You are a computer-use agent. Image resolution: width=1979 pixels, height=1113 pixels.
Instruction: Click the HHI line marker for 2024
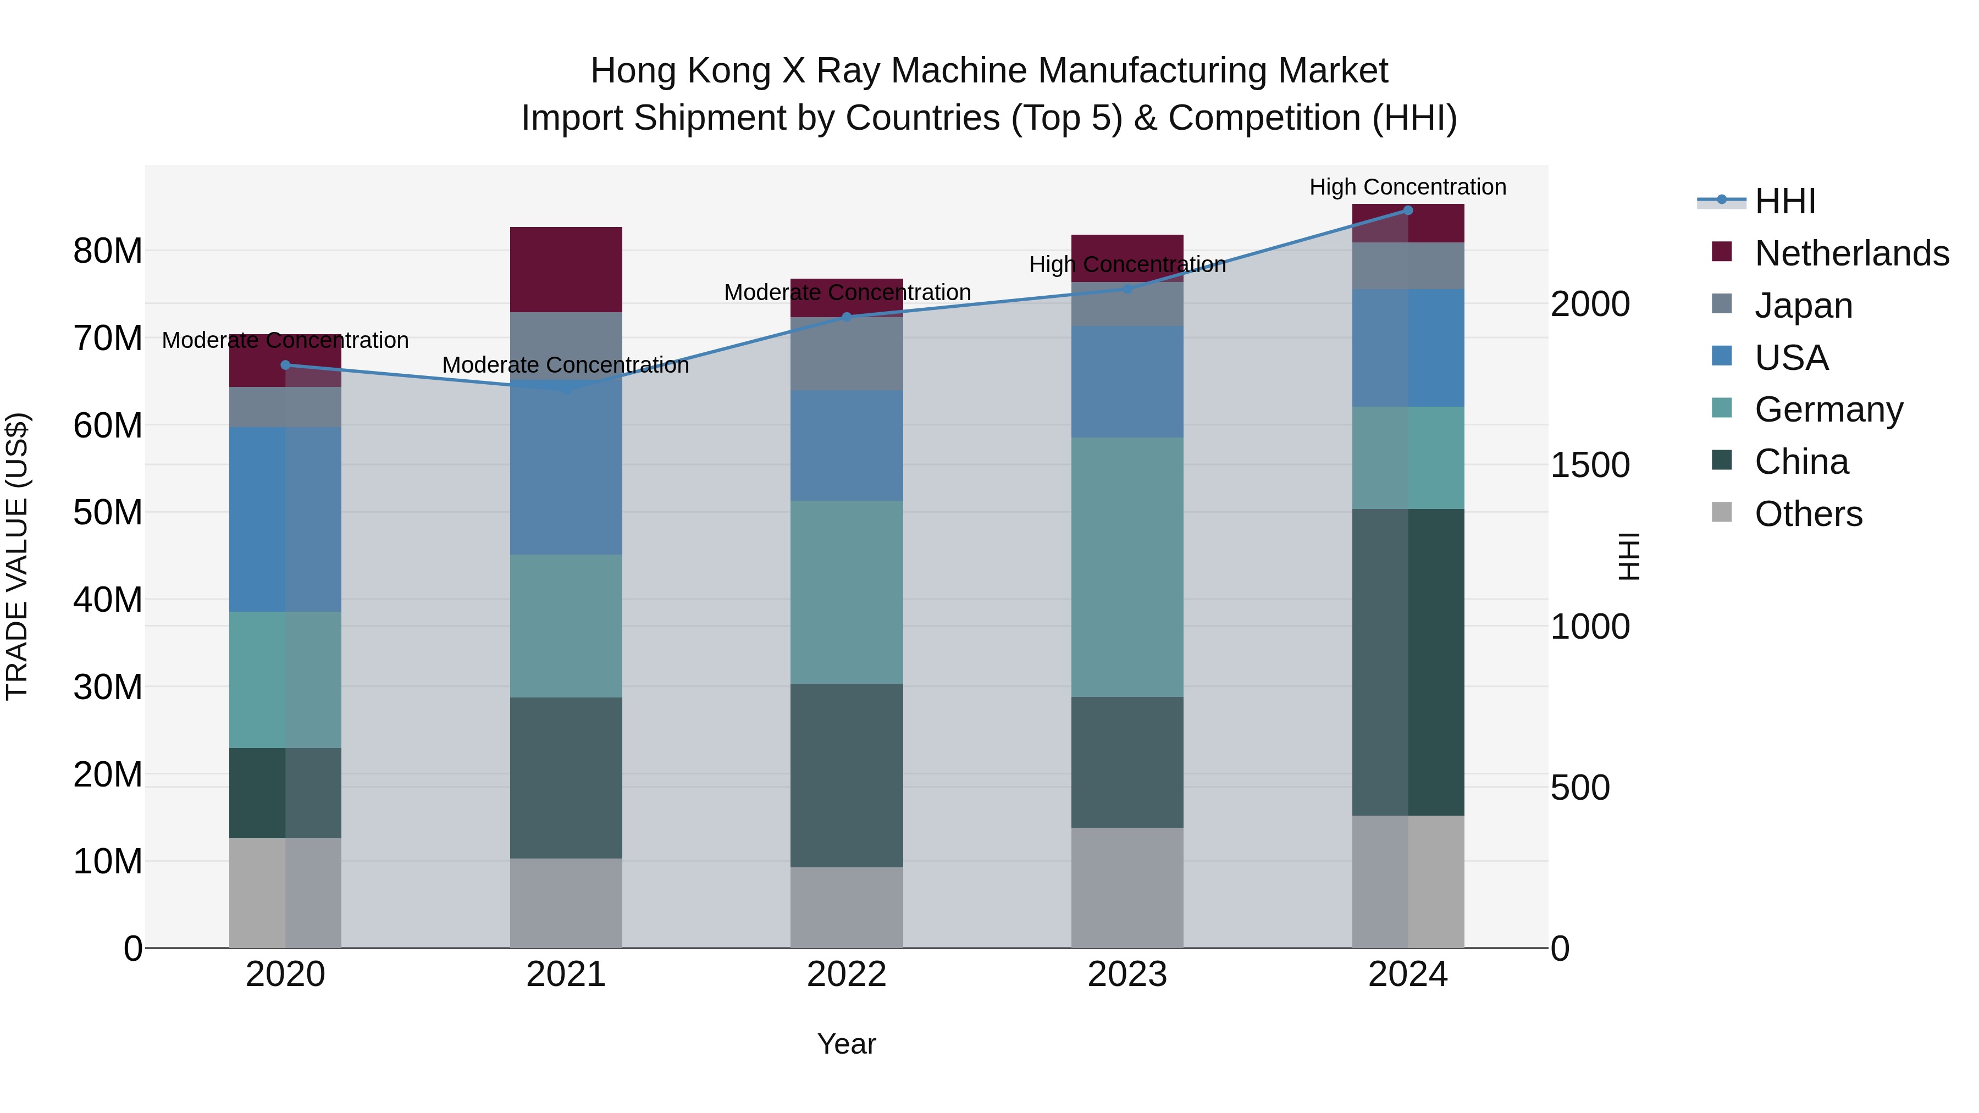tap(1407, 210)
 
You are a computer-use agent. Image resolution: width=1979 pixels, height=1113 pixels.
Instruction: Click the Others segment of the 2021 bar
tap(566, 902)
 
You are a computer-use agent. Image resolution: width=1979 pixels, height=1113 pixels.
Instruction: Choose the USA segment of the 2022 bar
tap(846, 446)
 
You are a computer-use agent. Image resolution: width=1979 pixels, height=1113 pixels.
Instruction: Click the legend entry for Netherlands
tap(1851, 253)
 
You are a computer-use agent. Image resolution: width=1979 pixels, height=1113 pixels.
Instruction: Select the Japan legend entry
tap(1803, 306)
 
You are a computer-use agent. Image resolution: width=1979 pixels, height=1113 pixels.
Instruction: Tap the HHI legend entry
tap(1784, 201)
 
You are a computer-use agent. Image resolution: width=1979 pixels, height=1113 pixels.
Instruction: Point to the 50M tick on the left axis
tap(108, 512)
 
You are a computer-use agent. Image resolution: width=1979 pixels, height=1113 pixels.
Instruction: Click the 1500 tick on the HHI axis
tap(1589, 466)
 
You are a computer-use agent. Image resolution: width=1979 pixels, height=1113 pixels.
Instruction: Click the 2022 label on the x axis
tap(846, 974)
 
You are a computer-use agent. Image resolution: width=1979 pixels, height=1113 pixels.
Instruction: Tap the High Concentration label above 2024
tap(1407, 187)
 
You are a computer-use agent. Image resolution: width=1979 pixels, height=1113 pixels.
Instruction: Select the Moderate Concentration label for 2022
tap(847, 292)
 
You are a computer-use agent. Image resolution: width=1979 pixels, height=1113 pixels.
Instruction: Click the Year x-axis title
tap(846, 1044)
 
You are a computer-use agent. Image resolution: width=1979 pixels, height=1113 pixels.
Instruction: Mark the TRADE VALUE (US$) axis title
tap(17, 556)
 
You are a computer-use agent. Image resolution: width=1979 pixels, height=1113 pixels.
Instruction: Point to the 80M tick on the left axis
tap(108, 251)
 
